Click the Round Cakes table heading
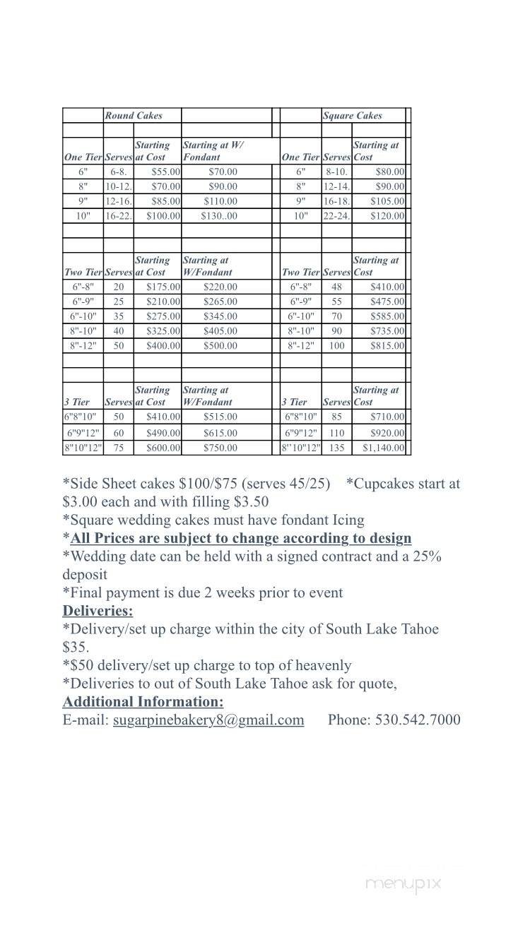tap(134, 115)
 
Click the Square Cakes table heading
tap(352, 115)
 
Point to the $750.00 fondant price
tap(220, 448)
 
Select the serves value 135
tap(337, 448)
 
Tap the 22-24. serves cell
tap(336, 216)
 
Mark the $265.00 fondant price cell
tap(220, 302)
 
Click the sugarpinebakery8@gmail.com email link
tap(208, 720)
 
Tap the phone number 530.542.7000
tap(418, 720)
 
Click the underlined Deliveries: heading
tap(98, 611)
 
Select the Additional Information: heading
tap(143, 701)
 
